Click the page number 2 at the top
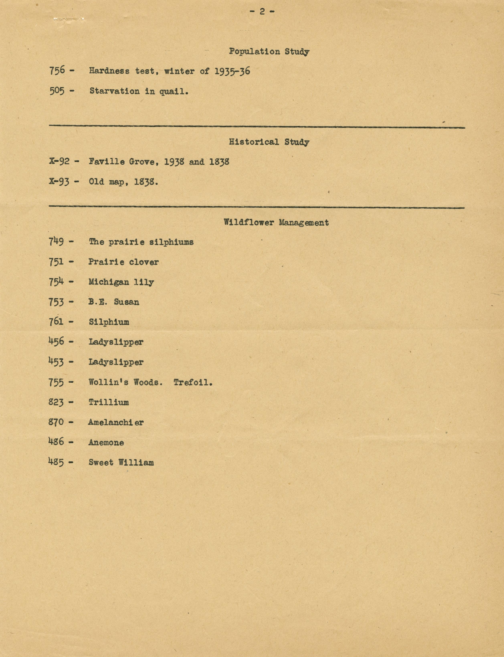point(262,11)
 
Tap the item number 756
point(57,71)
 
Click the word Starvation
point(114,91)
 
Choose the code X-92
point(59,161)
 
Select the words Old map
point(106,182)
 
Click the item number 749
point(56,242)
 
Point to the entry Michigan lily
point(121,282)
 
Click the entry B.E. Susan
point(114,302)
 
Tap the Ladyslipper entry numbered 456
point(116,342)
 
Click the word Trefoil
point(193,382)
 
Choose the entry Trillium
point(109,402)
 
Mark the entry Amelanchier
point(116,422)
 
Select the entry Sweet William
point(121,462)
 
